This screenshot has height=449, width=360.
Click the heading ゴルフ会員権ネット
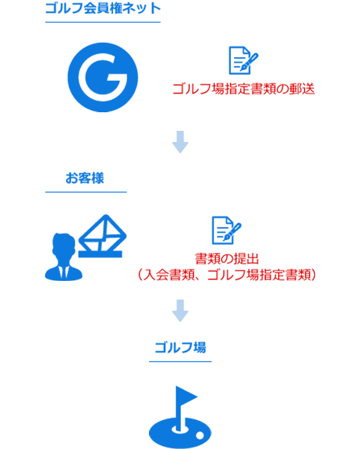click(103, 8)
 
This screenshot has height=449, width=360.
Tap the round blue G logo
click(102, 78)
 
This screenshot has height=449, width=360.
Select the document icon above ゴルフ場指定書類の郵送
click(243, 60)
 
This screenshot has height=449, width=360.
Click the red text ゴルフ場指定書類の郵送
click(244, 89)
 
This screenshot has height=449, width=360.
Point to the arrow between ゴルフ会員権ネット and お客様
click(180, 142)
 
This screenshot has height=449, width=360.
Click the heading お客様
click(85, 178)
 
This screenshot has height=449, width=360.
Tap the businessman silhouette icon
click(64, 257)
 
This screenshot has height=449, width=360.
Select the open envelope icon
click(102, 236)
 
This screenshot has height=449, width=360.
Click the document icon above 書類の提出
click(227, 230)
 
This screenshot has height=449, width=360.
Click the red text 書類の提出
click(227, 259)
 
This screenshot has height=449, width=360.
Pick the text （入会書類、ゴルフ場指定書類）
click(227, 275)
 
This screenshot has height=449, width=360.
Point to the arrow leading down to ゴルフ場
click(180, 311)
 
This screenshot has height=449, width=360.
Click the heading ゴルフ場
click(180, 348)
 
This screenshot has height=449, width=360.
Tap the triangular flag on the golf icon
click(186, 396)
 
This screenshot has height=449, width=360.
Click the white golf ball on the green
click(200, 435)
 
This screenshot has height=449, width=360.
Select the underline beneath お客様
click(86, 192)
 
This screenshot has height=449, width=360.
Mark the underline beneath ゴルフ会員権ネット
click(103, 22)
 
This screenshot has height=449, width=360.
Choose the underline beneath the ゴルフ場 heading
click(180, 362)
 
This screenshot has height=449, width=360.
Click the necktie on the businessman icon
click(64, 273)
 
